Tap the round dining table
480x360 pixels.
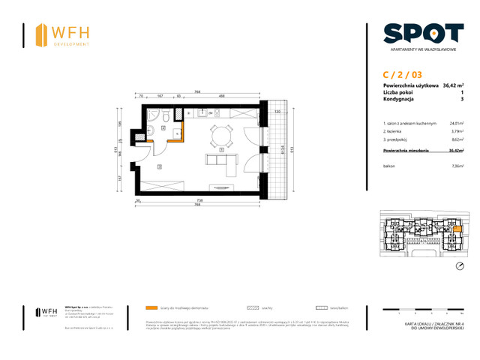[220, 134]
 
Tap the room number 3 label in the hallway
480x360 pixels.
[160, 167]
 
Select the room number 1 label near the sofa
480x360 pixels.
[221, 150]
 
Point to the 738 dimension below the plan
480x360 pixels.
[200, 201]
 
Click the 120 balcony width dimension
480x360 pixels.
[276, 111]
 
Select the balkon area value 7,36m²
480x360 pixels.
[456, 166]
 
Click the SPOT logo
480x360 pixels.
[423, 33]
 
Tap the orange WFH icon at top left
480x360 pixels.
[40, 34]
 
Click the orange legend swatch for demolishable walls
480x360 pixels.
[151, 307]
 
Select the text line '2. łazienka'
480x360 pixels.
[394, 131]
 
